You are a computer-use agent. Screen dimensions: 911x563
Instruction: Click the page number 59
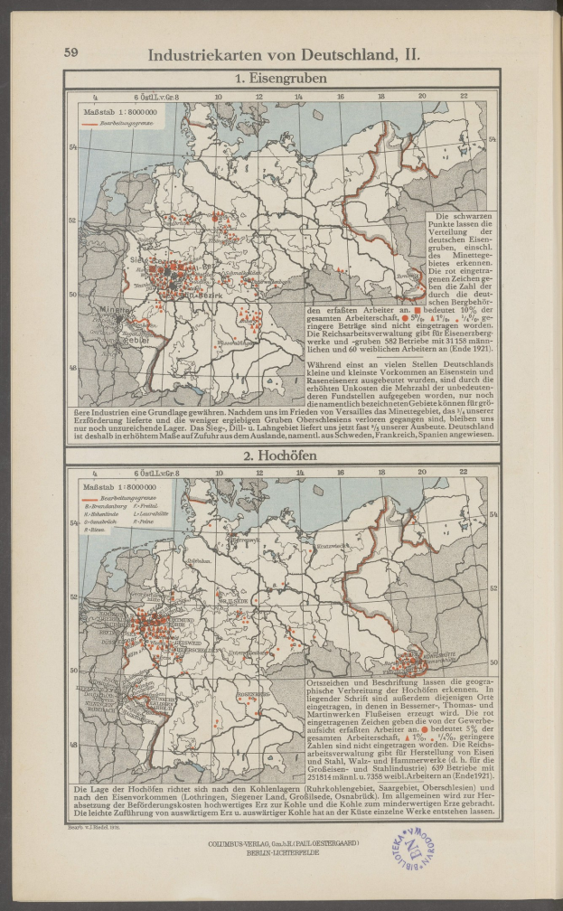click(x=70, y=52)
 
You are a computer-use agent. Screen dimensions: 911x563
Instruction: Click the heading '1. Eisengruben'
click(x=281, y=79)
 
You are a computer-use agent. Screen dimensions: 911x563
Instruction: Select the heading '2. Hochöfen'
click(x=281, y=455)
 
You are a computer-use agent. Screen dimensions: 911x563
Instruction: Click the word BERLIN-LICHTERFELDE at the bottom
click(x=282, y=850)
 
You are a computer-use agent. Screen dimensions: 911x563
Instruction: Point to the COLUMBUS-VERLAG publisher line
click(x=282, y=841)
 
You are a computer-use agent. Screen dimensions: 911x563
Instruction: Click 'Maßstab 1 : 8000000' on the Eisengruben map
click(x=121, y=110)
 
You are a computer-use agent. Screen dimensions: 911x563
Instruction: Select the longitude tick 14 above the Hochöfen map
click(x=300, y=471)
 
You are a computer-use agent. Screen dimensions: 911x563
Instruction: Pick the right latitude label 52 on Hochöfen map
click(x=493, y=587)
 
